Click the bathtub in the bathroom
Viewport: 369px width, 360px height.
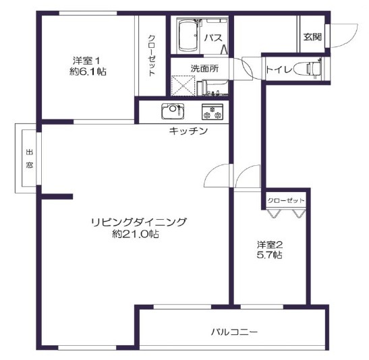(189, 36)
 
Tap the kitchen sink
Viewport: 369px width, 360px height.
(173, 111)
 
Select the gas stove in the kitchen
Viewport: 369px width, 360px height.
(212, 112)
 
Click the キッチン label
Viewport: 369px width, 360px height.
(188, 131)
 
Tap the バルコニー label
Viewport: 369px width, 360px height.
(234, 332)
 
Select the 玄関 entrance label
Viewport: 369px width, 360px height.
(312, 37)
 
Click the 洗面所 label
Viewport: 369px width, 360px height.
(204, 68)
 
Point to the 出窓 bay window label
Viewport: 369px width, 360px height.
(30, 158)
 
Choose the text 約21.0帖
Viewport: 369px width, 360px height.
(136, 234)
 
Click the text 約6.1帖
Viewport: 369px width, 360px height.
(88, 71)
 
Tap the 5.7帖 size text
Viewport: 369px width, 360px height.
(269, 255)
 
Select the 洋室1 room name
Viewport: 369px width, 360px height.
(86, 61)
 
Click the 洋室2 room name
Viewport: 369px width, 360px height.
(269, 245)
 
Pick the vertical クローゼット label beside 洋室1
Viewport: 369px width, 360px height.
(152, 55)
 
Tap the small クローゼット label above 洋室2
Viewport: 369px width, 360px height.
(286, 201)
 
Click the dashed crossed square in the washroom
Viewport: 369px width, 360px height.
(183, 86)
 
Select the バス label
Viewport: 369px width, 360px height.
(213, 38)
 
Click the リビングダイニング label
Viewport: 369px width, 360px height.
(139, 222)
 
